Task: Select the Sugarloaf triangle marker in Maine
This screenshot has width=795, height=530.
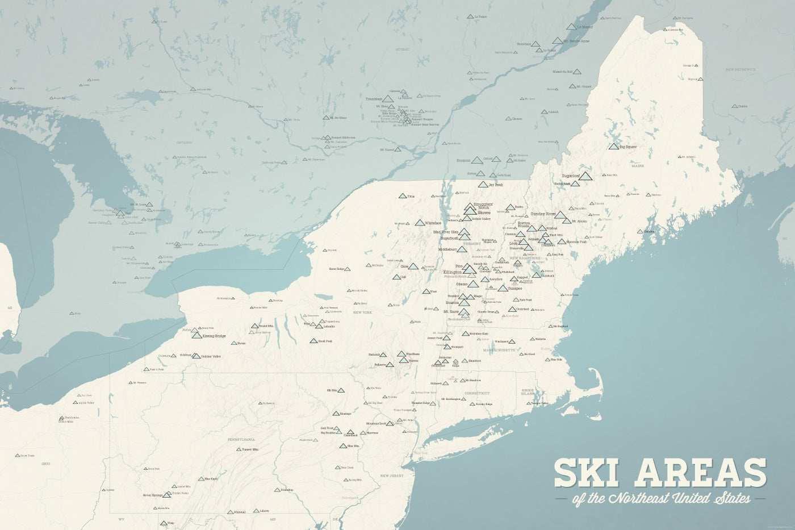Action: (585, 176)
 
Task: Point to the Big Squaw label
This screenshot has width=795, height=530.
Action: (628, 147)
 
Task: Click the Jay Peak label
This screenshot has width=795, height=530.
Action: (495, 185)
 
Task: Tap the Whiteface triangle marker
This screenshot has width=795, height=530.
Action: (420, 223)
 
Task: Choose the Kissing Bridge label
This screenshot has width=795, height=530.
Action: (214, 336)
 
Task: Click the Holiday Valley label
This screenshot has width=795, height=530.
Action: (210, 356)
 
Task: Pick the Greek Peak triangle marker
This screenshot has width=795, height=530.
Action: (313, 341)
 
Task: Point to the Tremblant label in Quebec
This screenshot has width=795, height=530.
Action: (374, 99)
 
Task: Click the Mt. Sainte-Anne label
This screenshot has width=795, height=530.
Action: (576, 41)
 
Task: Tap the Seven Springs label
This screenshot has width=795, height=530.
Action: (153, 495)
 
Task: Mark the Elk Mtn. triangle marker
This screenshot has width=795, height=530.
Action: (341, 390)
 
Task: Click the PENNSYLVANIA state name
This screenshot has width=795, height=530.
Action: (241, 440)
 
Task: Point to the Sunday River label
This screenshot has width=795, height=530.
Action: (542, 214)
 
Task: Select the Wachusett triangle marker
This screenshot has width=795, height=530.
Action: (512, 341)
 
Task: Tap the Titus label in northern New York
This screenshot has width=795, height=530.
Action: (411, 197)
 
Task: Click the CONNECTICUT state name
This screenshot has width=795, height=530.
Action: (476, 393)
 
